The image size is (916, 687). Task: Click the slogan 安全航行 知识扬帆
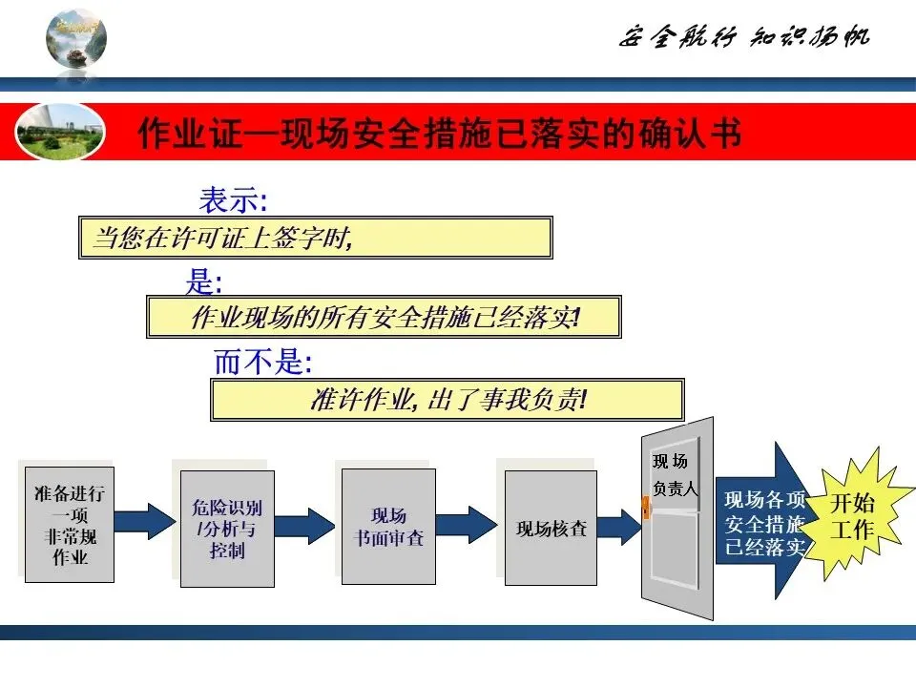(744, 37)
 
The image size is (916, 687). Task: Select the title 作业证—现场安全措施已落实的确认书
(440, 134)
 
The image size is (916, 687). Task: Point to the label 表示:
(233, 200)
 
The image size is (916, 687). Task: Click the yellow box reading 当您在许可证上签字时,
(315, 238)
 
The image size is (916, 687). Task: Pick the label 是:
(203, 281)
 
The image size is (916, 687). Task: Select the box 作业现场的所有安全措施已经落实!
(385, 317)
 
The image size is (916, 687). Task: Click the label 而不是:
(262, 363)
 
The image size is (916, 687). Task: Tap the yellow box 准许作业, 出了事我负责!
(447, 399)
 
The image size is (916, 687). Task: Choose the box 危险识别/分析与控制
(227, 528)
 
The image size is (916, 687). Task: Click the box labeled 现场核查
(551, 528)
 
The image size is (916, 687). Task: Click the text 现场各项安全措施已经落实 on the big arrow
(765, 524)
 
